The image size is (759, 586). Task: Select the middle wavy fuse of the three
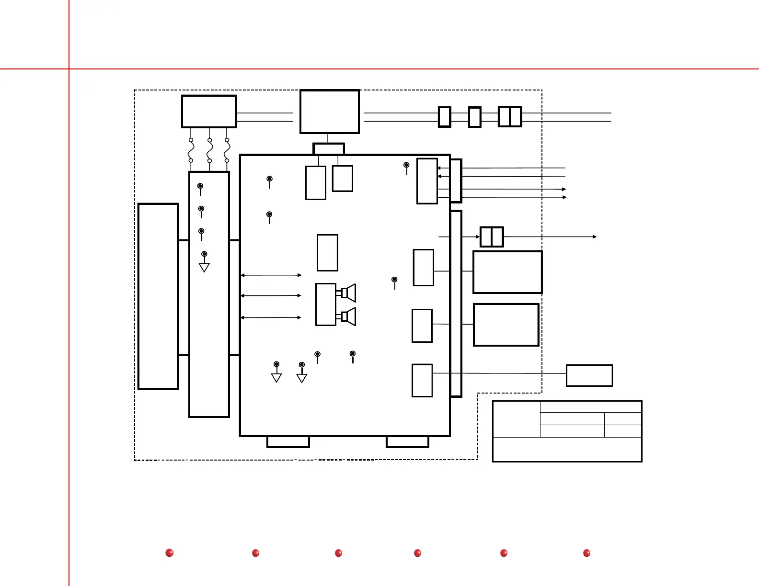(x=209, y=150)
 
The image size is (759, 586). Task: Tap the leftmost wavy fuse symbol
(x=191, y=150)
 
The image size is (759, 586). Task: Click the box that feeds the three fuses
(x=209, y=112)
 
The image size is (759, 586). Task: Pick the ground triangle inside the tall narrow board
(x=204, y=267)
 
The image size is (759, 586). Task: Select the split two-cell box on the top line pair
(x=510, y=116)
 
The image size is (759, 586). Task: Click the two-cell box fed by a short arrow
(x=492, y=237)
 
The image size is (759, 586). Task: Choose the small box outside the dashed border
(x=589, y=375)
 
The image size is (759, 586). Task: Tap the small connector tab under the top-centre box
(x=329, y=149)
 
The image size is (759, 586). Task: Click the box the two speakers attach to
(x=326, y=304)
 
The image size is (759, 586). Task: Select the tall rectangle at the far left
(x=158, y=296)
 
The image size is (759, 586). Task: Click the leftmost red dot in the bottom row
(x=169, y=553)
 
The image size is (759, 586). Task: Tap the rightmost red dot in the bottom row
(x=586, y=553)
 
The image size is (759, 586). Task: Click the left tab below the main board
(x=288, y=442)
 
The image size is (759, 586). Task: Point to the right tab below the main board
(x=407, y=442)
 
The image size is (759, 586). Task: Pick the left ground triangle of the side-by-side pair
(x=276, y=377)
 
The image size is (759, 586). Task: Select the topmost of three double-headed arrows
(x=271, y=275)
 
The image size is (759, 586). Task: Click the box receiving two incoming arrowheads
(x=427, y=181)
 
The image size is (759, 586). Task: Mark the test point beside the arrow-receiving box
(x=406, y=165)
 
